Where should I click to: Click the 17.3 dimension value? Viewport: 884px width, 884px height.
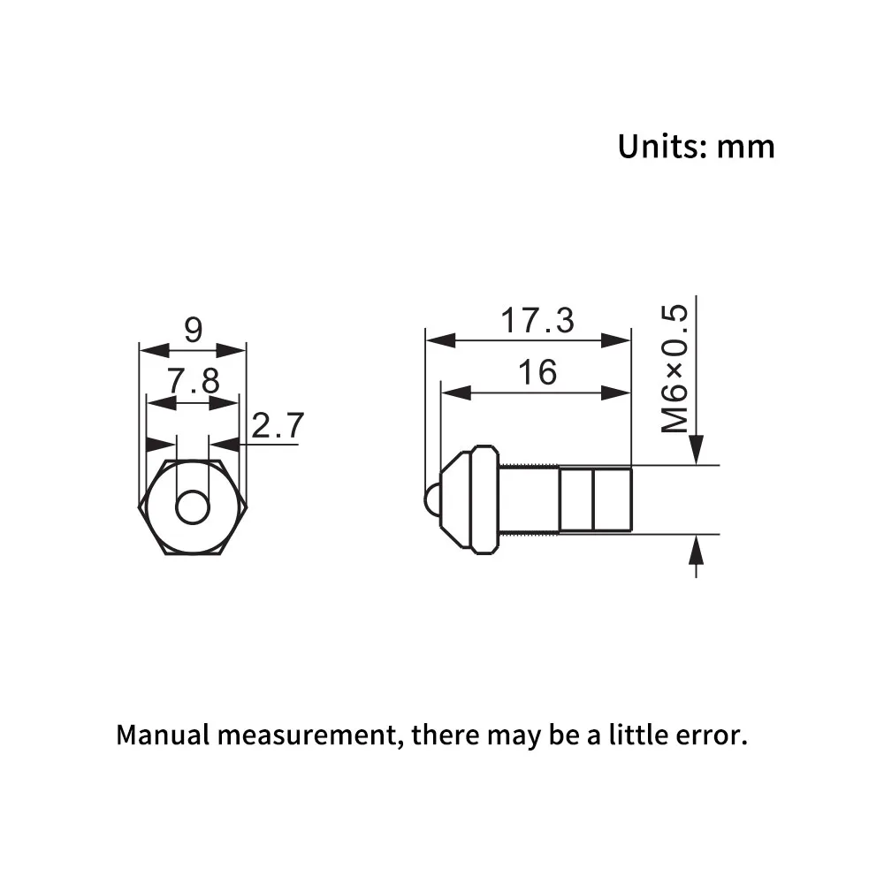pyautogui.click(x=537, y=320)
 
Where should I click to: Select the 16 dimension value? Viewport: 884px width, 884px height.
pyautogui.click(x=537, y=373)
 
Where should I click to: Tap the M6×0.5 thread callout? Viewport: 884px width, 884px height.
pyautogui.click(x=674, y=368)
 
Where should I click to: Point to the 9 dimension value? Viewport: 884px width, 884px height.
pyautogui.click(x=193, y=330)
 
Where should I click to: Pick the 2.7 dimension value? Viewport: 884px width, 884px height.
pyautogui.click(x=278, y=425)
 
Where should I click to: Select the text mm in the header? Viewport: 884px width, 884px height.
pyautogui.click(x=746, y=149)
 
